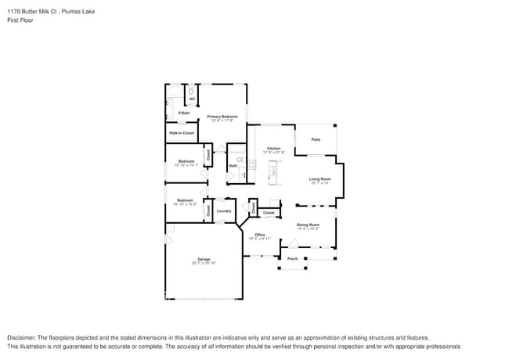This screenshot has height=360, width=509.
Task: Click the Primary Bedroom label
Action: coord(222,117)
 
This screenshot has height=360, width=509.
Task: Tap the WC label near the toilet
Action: coord(191,99)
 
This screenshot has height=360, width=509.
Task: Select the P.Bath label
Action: coord(184,113)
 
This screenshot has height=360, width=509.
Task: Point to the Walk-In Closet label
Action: coord(182,133)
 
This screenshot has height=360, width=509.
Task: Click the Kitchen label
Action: coord(273,148)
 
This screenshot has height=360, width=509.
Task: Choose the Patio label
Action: coord(316,139)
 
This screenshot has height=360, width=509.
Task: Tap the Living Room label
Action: coord(320,179)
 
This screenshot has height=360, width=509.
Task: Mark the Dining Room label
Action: coord(308,225)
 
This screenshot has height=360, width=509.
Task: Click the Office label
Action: coord(259,235)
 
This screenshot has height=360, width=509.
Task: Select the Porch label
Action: coord(292,258)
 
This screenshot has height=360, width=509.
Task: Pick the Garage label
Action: coord(204,259)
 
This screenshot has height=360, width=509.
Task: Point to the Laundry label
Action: coord(223,211)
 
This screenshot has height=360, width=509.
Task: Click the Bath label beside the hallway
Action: coord(233,166)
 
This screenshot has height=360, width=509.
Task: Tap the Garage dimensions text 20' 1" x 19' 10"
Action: coord(204,264)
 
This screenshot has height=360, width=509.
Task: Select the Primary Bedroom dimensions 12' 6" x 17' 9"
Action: coord(222,121)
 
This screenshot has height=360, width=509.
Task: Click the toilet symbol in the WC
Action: coord(191,91)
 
